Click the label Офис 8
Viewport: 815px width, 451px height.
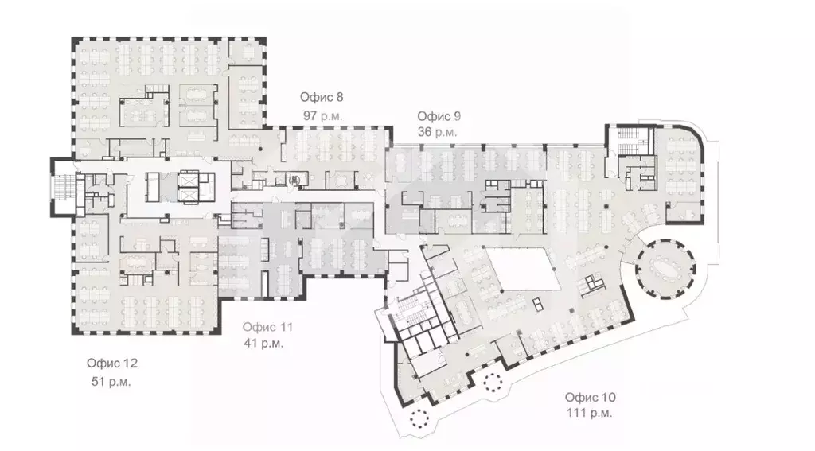(x=322, y=97)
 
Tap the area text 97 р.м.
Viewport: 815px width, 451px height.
(x=323, y=116)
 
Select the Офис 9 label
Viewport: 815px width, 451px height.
(x=439, y=116)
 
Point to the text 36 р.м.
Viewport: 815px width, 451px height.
(x=437, y=133)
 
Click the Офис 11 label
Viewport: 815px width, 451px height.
(x=267, y=328)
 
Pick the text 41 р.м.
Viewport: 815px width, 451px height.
(x=263, y=344)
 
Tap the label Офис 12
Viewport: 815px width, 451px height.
(x=112, y=364)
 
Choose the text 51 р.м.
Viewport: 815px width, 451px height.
(x=111, y=382)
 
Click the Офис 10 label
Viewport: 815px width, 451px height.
(x=591, y=398)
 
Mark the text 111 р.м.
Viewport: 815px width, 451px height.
(x=590, y=414)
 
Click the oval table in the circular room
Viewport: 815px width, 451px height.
(x=665, y=269)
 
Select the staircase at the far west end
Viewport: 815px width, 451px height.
(x=64, y=188)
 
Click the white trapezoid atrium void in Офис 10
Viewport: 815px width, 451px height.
(x=524, y=269)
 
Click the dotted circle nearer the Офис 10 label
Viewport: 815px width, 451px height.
(x=493, y=383)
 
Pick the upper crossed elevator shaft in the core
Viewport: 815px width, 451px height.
(x=188, y=178)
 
